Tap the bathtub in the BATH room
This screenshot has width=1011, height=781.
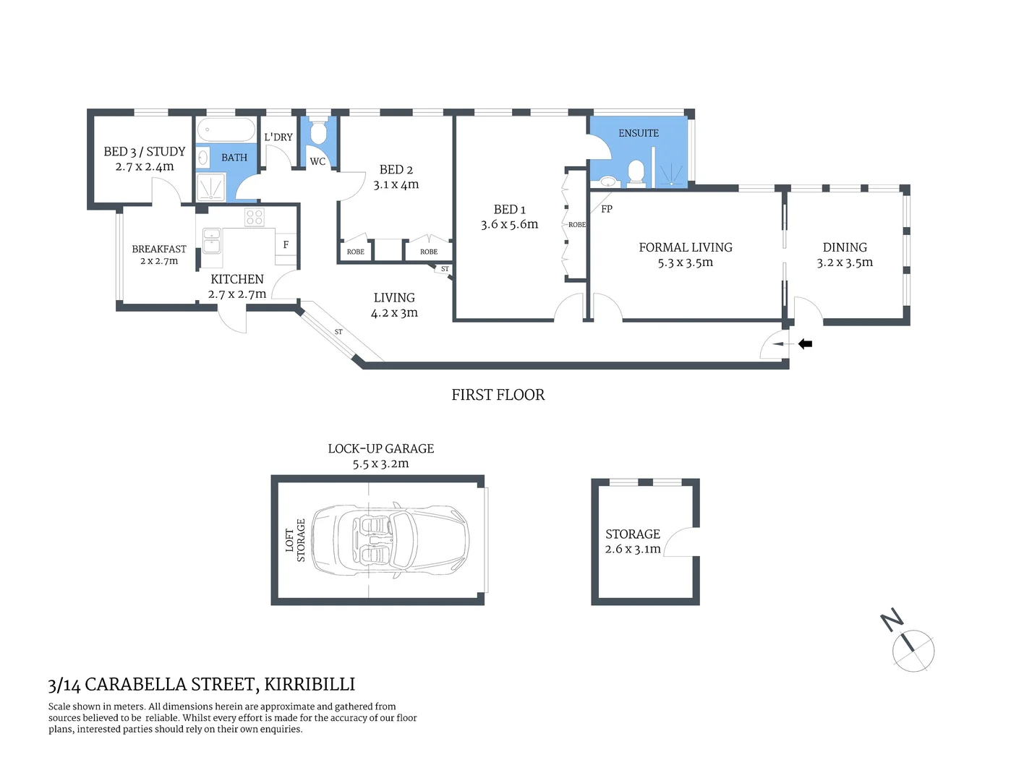point(226,130)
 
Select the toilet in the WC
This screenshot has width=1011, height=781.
point(317,132)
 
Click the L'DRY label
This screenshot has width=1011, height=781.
point(278,137)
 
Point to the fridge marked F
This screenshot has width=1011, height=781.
point(286,244)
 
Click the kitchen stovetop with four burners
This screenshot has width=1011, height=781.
point(254,217)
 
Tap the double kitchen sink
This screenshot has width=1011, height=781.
point(211,240)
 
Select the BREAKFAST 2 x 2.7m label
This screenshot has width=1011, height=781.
point(159,255)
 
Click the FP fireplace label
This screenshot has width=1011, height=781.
point(607,209)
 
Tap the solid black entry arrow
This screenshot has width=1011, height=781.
point(805,344)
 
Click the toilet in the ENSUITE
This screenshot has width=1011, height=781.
point(636,172)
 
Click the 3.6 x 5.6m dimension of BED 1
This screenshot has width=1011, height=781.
point(509,225)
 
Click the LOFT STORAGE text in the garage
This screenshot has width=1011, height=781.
point(295,540)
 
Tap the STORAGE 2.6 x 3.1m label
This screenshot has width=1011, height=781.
point(633,541)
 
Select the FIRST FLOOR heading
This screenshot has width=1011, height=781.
point(498,395)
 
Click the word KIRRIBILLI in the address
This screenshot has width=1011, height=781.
point(310,684)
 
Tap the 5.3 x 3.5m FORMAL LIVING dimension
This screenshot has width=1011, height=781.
point(685,263)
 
